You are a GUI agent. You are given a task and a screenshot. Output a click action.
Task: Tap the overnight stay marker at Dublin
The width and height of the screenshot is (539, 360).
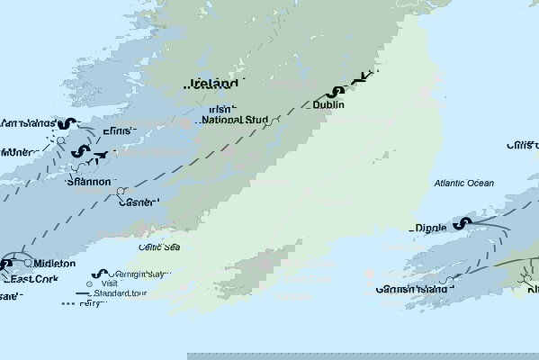[x=338, y=90]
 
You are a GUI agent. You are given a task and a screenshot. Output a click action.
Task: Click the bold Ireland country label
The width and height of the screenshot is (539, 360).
[x=215, y=84]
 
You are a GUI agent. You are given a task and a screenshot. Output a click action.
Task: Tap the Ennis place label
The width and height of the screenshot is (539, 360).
[x=118, y=131]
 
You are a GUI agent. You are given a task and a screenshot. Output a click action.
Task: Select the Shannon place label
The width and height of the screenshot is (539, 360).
[x=89, y=181]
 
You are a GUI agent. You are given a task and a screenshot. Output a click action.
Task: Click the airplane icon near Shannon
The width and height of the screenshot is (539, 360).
[x=102, y=154]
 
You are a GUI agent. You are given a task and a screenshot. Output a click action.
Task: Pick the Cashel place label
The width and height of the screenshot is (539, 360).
[x=138, y=202]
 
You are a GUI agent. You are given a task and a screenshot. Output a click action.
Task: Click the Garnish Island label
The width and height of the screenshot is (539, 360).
[x=411, y=290]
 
